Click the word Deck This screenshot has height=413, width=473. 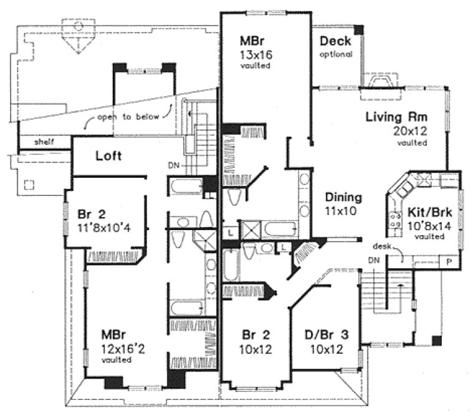click(x=335, y=42)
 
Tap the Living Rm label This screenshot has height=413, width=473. click(x=394, y=117)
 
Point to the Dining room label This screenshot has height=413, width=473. click(x=343, y=198)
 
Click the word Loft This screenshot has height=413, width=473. click(x=108, y=157)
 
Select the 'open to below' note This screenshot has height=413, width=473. click(x=129, y=116)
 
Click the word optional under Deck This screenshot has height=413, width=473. click(x=337, y=54)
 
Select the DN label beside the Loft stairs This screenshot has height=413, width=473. click(x=174, y=165)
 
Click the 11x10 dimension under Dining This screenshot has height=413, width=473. click(x=343, y=211)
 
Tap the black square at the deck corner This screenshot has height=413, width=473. click(x=358, y=29)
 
